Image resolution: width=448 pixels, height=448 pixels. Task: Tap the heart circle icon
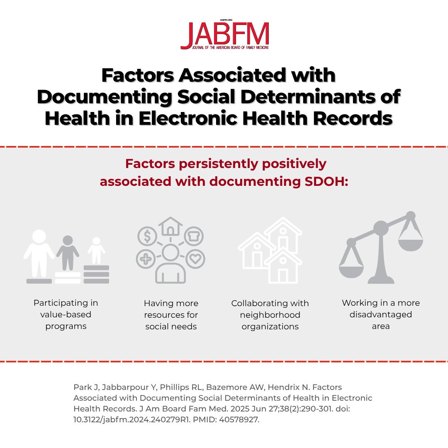(194, 259)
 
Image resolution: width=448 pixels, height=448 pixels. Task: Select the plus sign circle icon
(146, 259)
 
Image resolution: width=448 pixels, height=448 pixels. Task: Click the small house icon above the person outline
(170, 226)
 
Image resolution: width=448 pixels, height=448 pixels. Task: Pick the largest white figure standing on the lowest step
(39, 253)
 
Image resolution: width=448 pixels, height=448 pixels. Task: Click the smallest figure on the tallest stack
(96, 251)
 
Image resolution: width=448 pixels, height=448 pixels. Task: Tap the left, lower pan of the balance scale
(351, 271)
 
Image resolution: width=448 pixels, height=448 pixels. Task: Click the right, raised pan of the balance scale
(410, 245)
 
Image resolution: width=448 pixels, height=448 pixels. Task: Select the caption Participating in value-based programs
(66, 314)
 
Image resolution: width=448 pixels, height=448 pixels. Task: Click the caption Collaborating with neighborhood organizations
(270, 315)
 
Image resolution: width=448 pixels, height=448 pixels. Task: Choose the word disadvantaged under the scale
(380, 314)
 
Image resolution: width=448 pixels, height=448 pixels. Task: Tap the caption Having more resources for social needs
(171, 315)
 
